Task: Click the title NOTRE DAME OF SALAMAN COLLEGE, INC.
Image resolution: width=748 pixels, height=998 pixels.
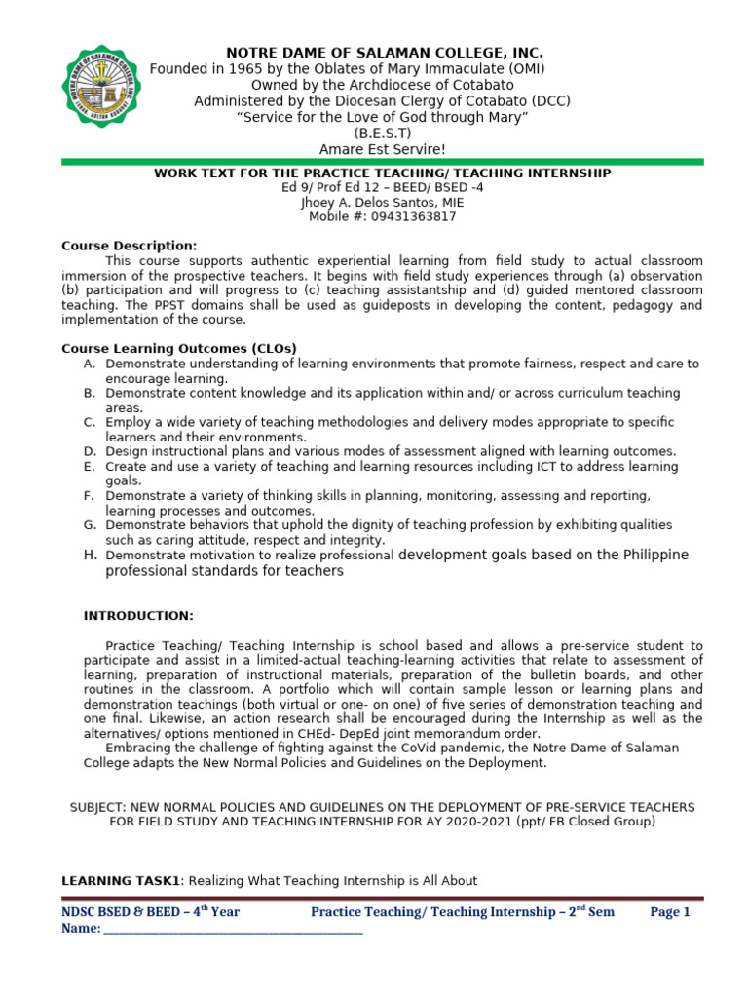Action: click(x=385, y=52)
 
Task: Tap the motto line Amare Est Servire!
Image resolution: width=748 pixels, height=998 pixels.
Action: click(x=383, y=149)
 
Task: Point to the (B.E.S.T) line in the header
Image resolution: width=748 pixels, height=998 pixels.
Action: click(x=383, y=134)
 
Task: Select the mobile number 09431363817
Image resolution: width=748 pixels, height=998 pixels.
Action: click(x=408, y=217)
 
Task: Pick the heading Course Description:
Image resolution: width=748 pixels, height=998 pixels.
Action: click(x=130, y=246)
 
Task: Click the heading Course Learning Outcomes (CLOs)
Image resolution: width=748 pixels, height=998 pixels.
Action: click(x=179, y=348)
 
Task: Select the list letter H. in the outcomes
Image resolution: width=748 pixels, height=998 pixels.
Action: click(x=90, y=555)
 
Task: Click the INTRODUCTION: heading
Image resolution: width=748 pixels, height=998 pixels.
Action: click(x=138, y=616)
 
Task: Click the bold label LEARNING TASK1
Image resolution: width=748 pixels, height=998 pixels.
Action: click(x=122, y=880)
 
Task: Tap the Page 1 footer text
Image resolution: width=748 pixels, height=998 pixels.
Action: click(x=670, y=912)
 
